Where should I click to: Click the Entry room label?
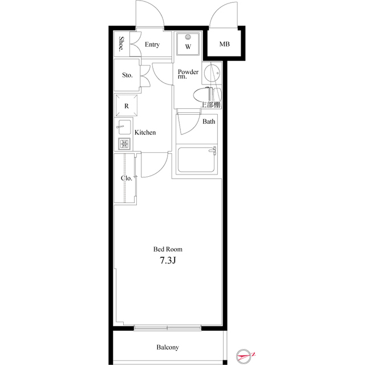[x=152, y=45]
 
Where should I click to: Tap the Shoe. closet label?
[x=121, y=44]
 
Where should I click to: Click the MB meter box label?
[x=225, y=44]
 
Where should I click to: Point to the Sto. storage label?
[x=127, y=75]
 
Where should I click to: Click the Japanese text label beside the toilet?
[x=211, y=105]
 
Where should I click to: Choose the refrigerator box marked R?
[x=127, y=106]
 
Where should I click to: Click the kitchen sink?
[x=125, y=127]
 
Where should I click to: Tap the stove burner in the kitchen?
[x=124, y=144]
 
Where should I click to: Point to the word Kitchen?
[x=145, y=132]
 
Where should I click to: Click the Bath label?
[x=209, y=121]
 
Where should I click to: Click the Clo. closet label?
[x=127, y=178]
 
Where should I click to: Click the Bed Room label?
[x=168, y=249]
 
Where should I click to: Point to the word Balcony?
[x=168, y=347]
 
